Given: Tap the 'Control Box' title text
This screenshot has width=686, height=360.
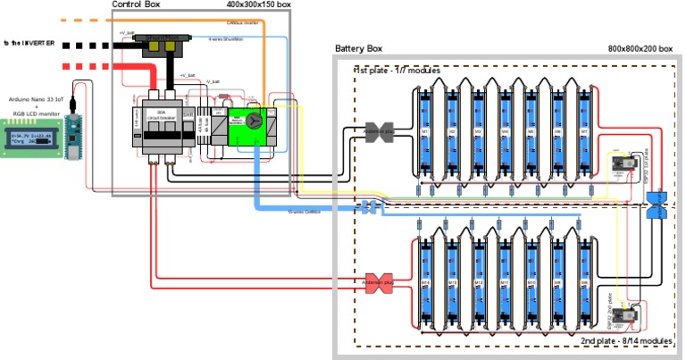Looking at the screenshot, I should (141, 5).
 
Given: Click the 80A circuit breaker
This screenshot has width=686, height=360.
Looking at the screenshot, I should (163, 125).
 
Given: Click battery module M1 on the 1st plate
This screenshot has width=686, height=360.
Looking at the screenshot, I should (426, 131).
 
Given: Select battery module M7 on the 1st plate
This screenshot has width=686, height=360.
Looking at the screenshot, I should (585, 131).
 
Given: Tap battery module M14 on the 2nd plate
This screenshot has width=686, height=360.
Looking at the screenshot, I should (426, 282).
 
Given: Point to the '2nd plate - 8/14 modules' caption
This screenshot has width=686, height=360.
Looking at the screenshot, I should (626, 341).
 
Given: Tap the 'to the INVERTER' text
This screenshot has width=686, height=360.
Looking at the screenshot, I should (29, 43).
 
